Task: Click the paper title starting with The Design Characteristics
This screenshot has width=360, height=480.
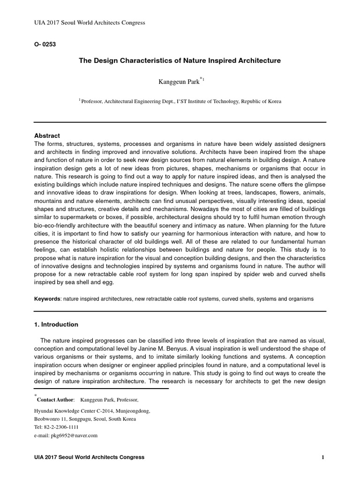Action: (180, 60)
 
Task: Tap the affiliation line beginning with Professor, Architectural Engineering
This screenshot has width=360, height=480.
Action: (182, 101)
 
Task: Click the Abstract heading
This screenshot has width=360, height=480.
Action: (47, 135)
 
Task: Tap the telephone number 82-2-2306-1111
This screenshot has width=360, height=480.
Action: (60, 427)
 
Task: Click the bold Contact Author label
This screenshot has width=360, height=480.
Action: (55, 399)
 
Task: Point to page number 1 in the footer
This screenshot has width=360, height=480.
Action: (323, 457)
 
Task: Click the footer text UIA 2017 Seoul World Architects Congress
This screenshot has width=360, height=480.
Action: (90, 457)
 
